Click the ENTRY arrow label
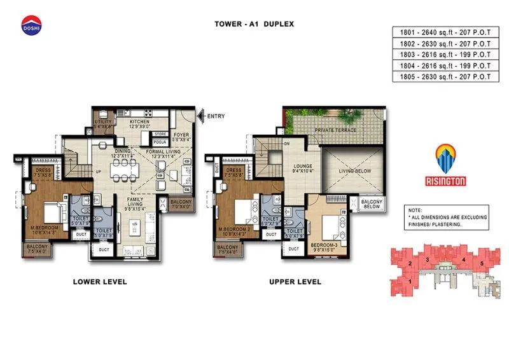coord(213,116)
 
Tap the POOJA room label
coord(160,144)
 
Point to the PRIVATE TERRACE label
coord(335,130)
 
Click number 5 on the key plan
coord(482,263)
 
